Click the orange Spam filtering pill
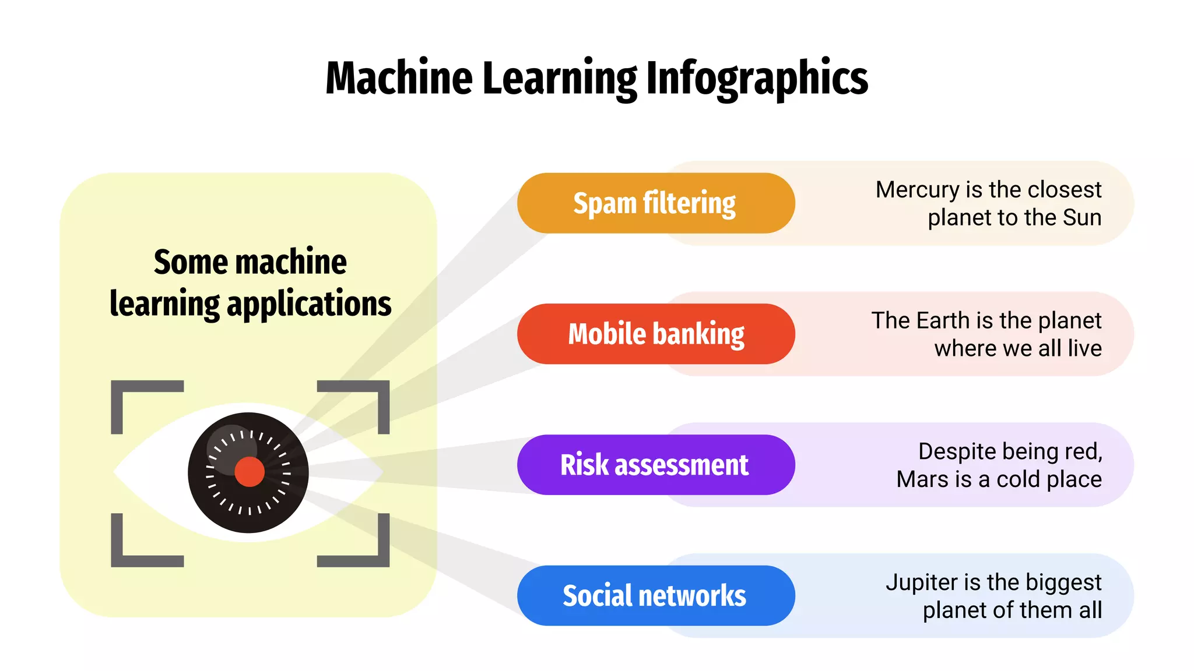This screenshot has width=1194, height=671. (x=655, y=203)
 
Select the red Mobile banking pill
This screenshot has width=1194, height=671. (x=655, y=334)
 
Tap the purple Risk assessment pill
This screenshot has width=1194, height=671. (x=655, y=465)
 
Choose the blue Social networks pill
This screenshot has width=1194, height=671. (x=655, y=596)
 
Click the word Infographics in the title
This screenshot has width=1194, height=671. (x=757, y=79)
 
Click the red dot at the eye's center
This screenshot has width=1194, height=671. (x=250, y=472)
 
